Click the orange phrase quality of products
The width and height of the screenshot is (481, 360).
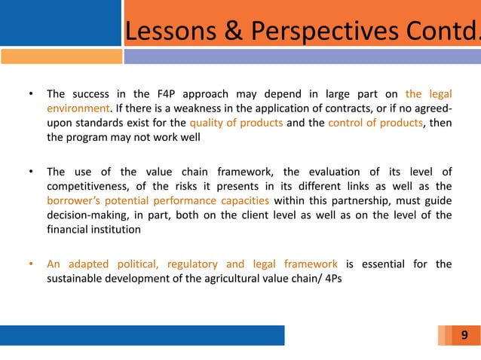236,124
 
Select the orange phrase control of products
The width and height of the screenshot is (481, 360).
375,124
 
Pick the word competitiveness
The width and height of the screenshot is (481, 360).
84,187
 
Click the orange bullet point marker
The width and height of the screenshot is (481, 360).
31,264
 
